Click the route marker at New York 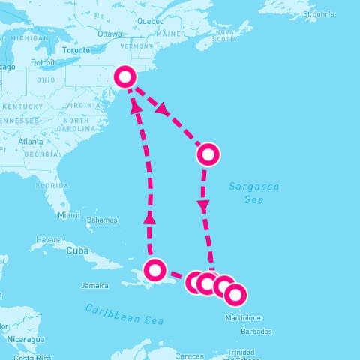126,76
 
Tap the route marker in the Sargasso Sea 208,155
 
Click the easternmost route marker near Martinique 235,295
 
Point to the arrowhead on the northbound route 150,218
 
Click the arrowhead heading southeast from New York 160,109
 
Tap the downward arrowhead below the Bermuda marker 203,205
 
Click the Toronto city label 75,50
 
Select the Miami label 67,215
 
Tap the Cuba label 78,250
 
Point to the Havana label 49,240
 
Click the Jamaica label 95,285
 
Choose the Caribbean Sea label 124,314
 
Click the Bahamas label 102,220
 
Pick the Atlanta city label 31,141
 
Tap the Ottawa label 109,34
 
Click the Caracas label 190,354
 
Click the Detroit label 43,62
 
